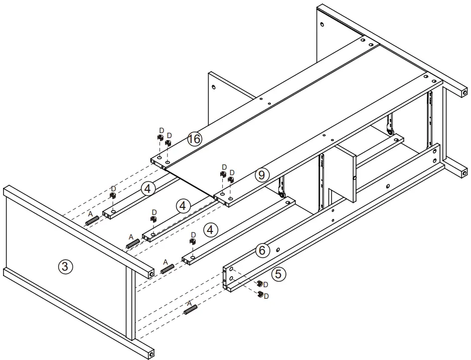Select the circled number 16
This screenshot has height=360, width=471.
point(195,139)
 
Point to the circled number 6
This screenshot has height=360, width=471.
point(262,250)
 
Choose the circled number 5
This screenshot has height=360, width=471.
point(279,274)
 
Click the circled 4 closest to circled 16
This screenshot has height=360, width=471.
point(148,188)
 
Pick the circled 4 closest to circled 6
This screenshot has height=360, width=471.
point(211,230)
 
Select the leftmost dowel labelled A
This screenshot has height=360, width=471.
point(91,220)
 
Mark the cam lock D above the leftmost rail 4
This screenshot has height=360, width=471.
point(113,196)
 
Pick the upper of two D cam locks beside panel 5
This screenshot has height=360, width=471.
point(260,284)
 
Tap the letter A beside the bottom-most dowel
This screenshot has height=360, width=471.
point(189,303)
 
